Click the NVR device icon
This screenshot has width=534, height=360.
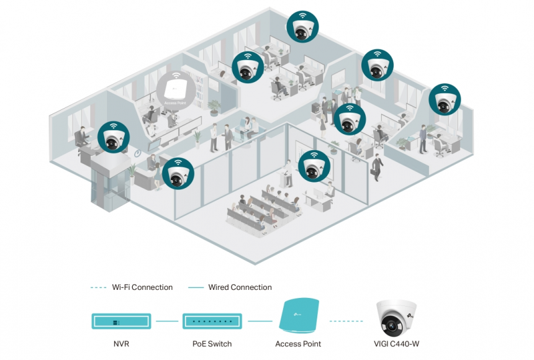click(121, 322)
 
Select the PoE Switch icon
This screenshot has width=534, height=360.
click(213, 322)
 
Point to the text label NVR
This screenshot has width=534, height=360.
click(121, 344)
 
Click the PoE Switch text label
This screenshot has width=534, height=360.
click(213, 344)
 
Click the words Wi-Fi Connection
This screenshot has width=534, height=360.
click(142, 287)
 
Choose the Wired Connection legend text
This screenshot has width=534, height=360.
click(239, 287)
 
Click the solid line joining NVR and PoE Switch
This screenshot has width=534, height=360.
click(166, 322)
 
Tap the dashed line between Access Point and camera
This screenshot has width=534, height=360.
click(346, 322)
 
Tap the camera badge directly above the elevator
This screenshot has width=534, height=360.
click(114, 137)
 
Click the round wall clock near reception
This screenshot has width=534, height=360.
click(137, 152)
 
